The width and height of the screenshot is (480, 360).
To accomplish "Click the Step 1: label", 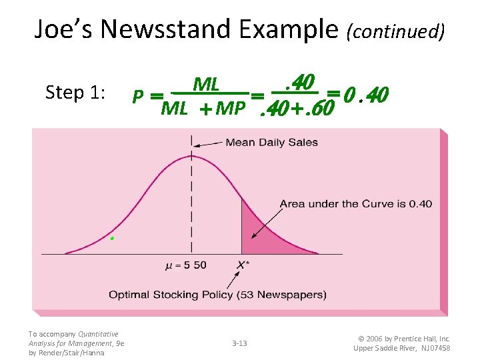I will [x=75, y=92].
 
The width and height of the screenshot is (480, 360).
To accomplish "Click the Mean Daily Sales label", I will [x=271, y=142].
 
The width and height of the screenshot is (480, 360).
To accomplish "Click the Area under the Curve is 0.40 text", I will [x=355, y=203].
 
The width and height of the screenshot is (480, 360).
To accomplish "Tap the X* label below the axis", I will [x=243, y=265].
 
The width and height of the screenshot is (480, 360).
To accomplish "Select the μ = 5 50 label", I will [x=185, y=265].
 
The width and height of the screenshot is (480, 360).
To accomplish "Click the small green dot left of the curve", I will [x=112, y=238].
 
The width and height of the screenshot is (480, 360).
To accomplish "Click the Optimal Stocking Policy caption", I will [x=217, y=294].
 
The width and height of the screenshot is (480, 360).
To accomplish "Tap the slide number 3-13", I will [x=239, y=343].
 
